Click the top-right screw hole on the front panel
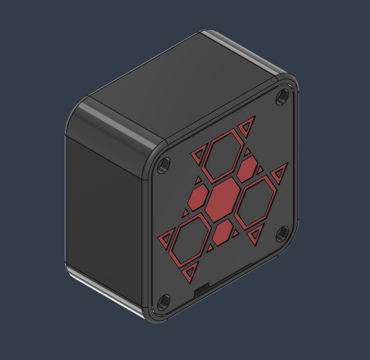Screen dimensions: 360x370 coord(283,97)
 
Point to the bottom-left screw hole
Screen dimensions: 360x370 coord(164,301)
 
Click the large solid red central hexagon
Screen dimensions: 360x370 coord(221,200)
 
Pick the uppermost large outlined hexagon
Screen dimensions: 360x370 coord(224,158)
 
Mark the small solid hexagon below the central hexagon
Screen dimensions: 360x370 coord(224,231)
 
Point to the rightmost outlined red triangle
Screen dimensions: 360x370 coord(280,172)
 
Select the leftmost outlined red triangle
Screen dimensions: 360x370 coord(165,240)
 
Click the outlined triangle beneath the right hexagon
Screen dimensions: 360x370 coord(256,235)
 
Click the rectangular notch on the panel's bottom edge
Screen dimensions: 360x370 coord(202,290)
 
